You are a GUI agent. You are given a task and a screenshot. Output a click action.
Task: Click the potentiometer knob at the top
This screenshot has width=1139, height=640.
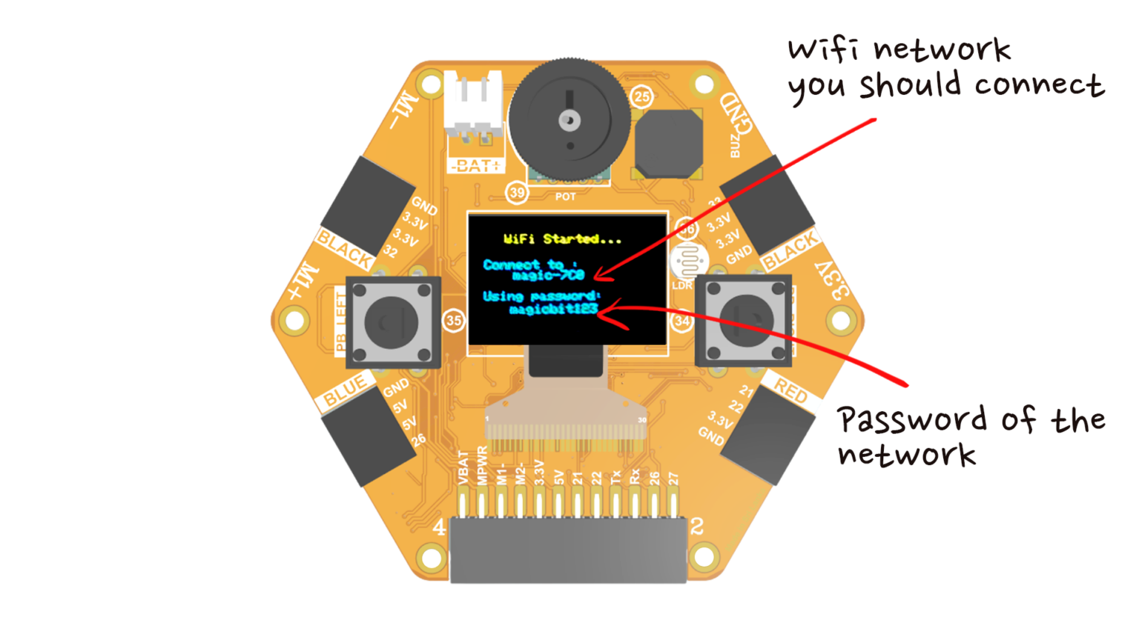click(x=569, y=120)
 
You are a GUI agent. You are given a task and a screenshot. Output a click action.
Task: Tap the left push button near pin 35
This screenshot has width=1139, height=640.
click(x=393, y=322)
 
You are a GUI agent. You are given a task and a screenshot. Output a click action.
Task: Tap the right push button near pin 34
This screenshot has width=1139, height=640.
click(x=744, y=321)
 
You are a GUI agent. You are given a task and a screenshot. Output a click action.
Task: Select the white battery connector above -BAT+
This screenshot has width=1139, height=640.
click(x=473, y=107)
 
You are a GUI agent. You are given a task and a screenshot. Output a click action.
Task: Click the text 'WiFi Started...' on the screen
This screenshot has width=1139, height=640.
click(x=562, y=239)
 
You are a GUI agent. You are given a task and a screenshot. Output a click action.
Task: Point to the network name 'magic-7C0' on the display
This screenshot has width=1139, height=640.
click(x=548, y=276)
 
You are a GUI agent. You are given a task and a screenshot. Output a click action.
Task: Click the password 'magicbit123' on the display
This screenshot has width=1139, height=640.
click(x=552, y=310)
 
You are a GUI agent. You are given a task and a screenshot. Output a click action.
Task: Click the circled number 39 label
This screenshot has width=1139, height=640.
click(x=517, y=193)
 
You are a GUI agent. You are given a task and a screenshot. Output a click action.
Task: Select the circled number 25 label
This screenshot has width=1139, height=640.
click(x=642, y=96)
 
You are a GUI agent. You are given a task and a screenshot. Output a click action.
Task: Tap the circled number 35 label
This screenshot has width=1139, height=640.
click(x=454, y=321)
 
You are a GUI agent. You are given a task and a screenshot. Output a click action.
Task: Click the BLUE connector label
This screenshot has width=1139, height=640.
click(x=346, y=390)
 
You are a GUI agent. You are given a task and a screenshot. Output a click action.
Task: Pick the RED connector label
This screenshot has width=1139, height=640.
click(x=790, y=390)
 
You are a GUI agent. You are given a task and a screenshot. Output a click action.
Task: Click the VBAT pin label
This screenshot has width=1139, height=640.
click(x=463, y=469)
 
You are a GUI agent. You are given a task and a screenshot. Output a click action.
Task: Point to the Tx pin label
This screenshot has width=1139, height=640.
click(x=615, y=476)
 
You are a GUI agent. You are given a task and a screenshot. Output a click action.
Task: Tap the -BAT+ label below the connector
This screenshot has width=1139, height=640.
click(x=475, y=166)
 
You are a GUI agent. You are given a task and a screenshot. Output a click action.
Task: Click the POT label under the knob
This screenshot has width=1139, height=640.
click(x=566, y=197)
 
